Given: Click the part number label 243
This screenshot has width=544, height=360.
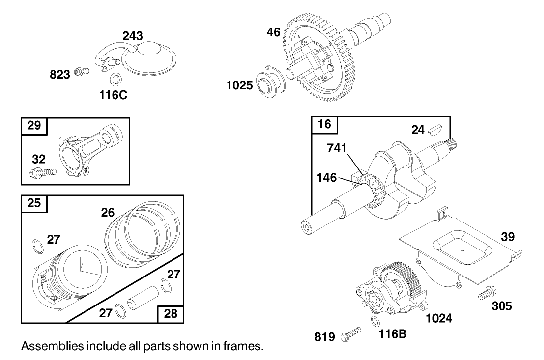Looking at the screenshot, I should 132,36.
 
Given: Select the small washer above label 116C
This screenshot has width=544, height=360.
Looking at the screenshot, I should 116,79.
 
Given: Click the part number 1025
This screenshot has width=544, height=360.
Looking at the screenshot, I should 239,85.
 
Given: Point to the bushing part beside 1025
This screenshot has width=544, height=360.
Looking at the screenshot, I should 269,84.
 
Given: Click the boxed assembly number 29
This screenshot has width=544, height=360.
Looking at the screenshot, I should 34,126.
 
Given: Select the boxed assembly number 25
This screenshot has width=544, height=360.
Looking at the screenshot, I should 34,203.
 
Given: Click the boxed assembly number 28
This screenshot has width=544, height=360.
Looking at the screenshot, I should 170,313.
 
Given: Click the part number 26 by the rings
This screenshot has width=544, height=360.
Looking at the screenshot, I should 108,212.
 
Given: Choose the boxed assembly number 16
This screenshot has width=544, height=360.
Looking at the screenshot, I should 325,124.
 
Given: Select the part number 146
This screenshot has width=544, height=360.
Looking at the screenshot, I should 327,177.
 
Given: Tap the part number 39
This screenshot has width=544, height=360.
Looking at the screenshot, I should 508,237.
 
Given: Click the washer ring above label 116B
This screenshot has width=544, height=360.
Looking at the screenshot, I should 374,322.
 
